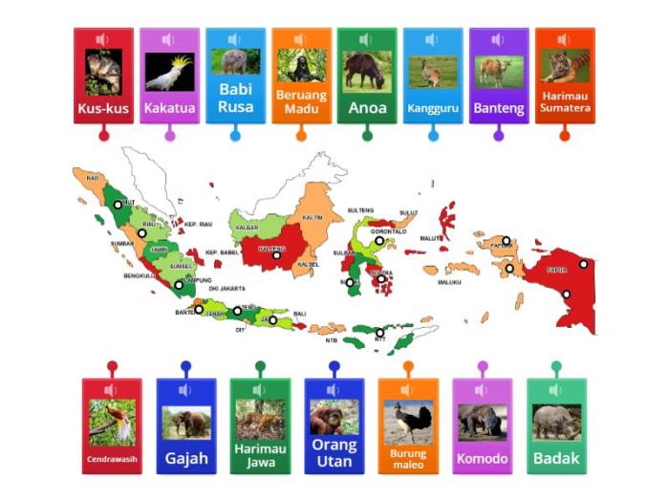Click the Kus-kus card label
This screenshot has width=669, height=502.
[x=103, y=107]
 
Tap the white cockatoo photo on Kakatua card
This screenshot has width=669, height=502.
[x=169, y=72]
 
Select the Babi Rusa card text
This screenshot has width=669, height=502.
[x=235, y=98]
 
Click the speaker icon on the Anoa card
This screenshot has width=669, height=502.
[x=366, y=40]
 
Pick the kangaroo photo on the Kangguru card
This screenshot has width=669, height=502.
[x=433, y=71]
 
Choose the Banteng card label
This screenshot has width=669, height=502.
[x=499, y=108]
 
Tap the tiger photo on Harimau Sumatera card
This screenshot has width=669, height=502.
[x=565, y=67]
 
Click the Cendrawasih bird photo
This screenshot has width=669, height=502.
[x=112, y=420]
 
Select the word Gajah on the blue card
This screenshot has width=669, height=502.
[x=186, y=458]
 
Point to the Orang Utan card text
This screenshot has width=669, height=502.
[x=334, y=452]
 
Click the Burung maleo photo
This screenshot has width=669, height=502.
[x=408, y=422]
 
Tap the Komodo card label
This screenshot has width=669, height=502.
[x=483, y=458]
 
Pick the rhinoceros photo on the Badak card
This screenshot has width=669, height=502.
[x=556, y=422]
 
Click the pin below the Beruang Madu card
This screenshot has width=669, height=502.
[x=301, y=136]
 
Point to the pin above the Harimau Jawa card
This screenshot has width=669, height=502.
[x=260, y=365]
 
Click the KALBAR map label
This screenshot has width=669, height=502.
[x=245, y=229]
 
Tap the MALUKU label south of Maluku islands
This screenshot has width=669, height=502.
[x=450, y=282]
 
